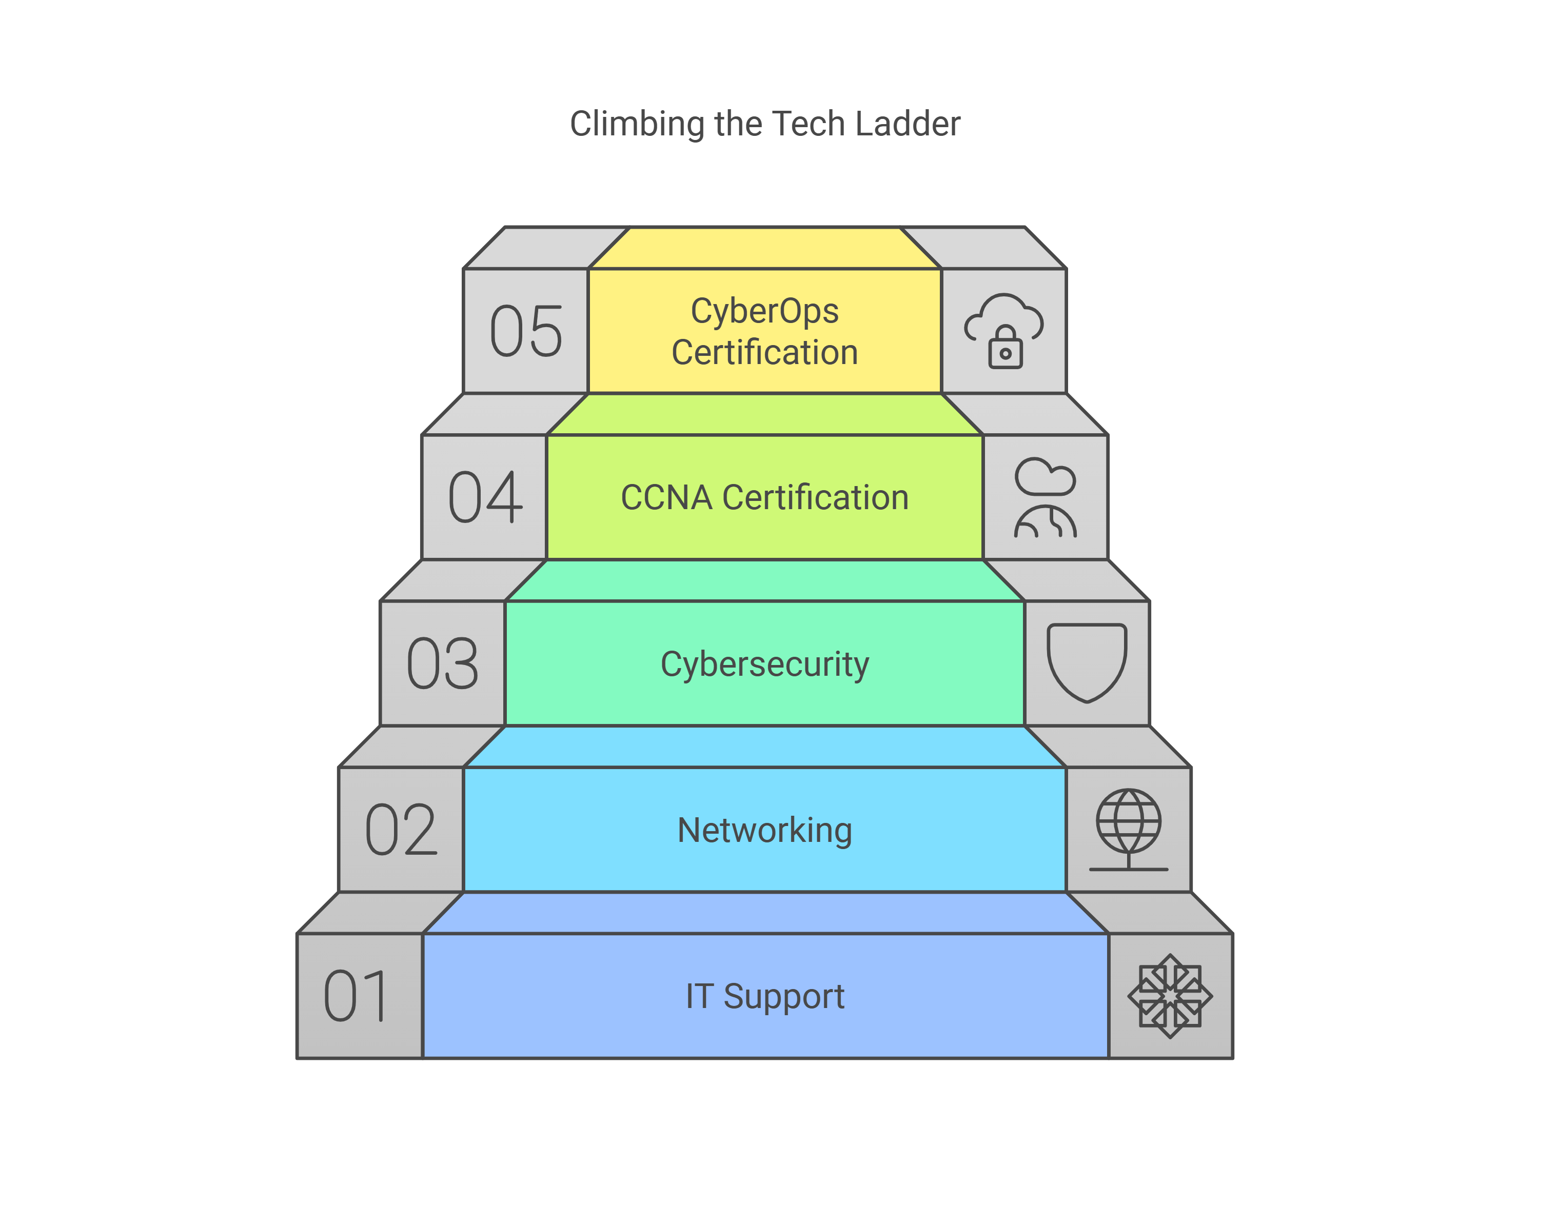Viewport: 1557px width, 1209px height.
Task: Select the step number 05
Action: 526,331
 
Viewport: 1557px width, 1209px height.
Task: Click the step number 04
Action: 485,497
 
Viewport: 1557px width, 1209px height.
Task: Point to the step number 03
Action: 443,664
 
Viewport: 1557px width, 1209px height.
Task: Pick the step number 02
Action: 401,830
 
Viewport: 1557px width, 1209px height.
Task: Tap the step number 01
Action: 357,996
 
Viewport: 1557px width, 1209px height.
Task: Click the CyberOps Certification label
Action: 764,331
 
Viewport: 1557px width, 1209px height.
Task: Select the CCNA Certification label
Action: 764,497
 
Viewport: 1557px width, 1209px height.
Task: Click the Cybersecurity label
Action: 764,664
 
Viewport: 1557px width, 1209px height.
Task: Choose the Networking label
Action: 764,830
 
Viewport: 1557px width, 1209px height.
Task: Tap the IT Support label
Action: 764,996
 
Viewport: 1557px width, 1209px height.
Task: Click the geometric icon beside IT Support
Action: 1170,996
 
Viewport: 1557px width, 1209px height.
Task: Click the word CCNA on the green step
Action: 666,497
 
